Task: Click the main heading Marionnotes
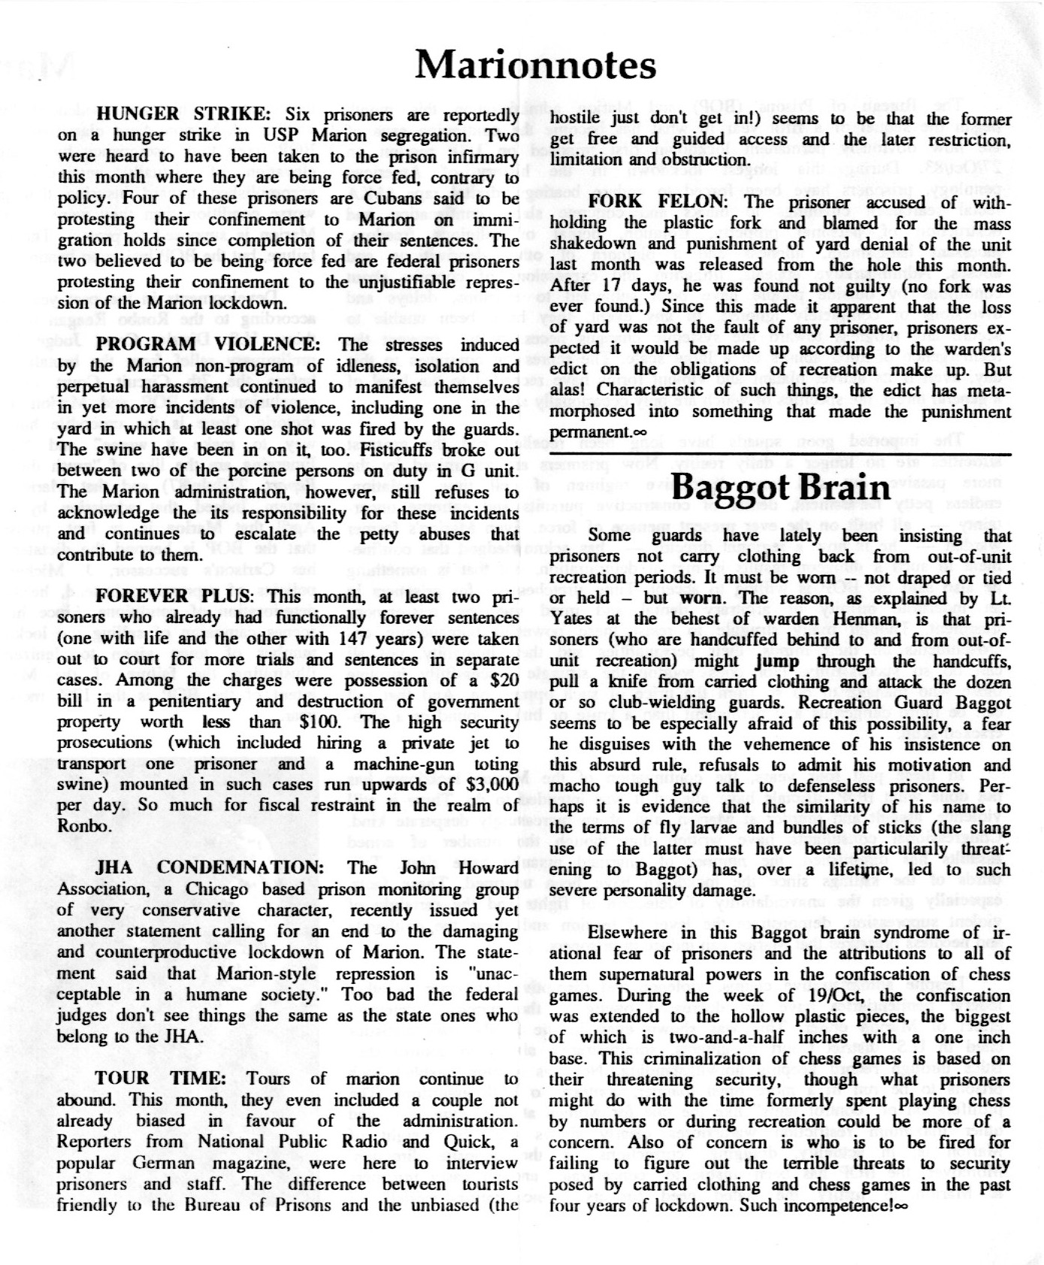(x=535, y=65)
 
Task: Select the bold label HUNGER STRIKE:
(x=186, y=115)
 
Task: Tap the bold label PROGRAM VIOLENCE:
(x=208, y=346)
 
